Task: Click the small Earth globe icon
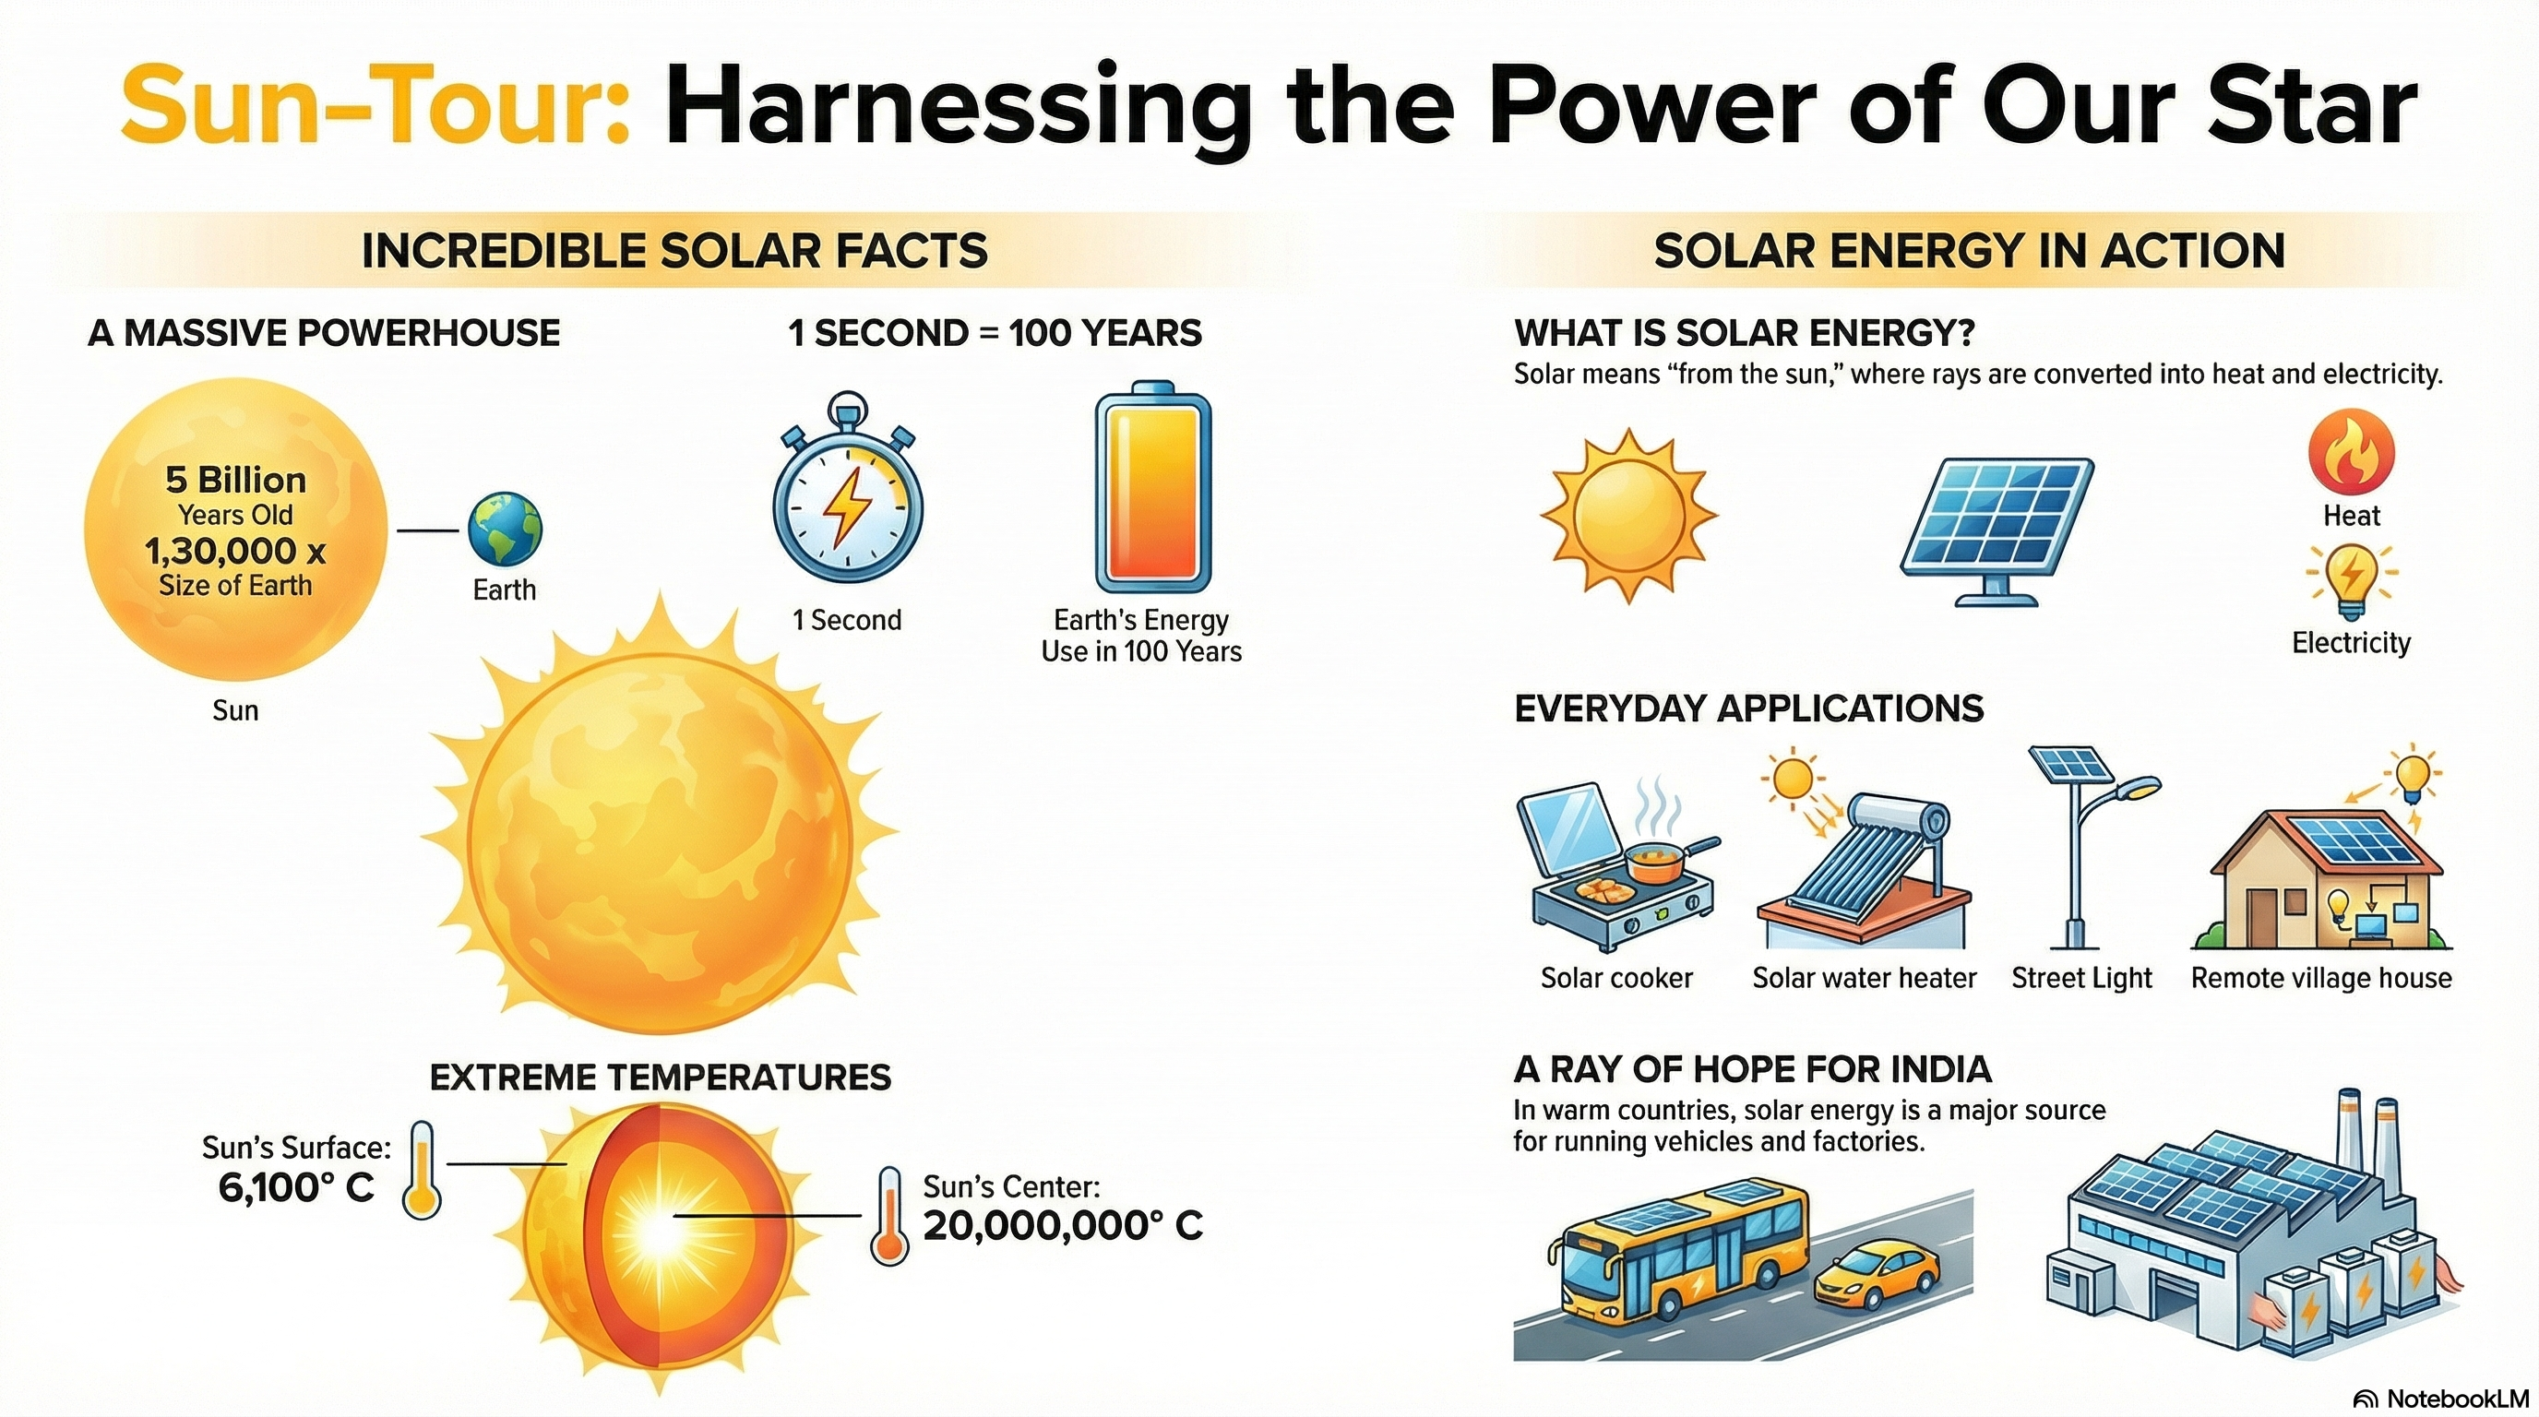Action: pyautogui.click(x=505, y=530)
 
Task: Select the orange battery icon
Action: pyautogui.click(x=1153, y=486)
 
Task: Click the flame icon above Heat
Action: pyautogui.click(x=2351, y=451)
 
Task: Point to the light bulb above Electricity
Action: pyautogui.click(x=2352, y=582)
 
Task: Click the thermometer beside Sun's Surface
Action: pyautogui.click(x=423, y=1169)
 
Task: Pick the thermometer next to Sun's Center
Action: pyautogui.click(x=889, y=1216)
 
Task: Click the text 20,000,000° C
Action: pyautogui.click(x=1064, y=1226)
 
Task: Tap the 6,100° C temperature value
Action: pyautogui.click(x=297, y=1187)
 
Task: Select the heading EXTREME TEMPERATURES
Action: pyautogui.click(x=661, y=1077)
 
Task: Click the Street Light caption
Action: pyautogui.click(x=2081, y=978)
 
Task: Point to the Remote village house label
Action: pyautogui.click(x=2321, y=979)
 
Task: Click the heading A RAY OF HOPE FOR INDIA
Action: pyautogui.click(x=1752, y=1069)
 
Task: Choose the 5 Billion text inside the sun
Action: pyautogui.click(x=235, y=480)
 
